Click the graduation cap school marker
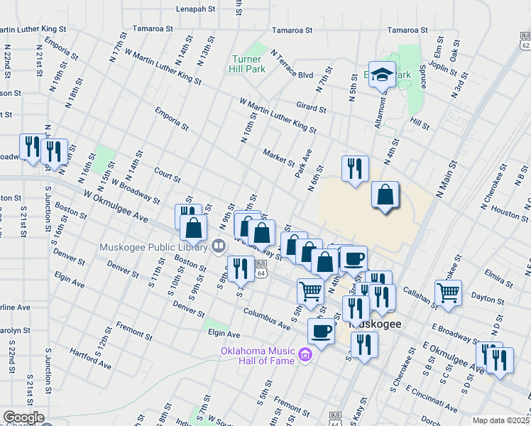pos(382,75)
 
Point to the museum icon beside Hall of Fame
pos(306,354)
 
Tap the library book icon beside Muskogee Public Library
pos(219,246)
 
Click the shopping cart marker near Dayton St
pos(448,292)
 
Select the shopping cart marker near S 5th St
pos(310,290)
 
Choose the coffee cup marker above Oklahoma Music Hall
pos(321,331)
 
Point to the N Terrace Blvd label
pos(292,65)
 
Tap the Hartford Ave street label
pos(91,359)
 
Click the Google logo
pos(23,417)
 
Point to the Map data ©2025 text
pos(500,420)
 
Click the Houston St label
pos(505,212)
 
